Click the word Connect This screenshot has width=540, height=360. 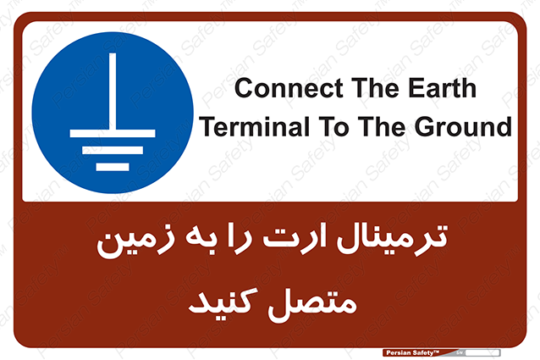click(x=289, y=88)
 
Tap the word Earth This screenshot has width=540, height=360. click(x=442, y=87)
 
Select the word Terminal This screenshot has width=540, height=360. click(x=255, y=126)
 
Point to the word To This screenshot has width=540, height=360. click(x=333, y=126)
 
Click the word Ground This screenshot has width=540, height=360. click(x=463, y=126)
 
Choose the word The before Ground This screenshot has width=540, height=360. click(x=382, y=126)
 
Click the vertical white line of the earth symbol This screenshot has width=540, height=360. click(x=113, y=91)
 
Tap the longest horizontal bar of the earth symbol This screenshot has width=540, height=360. click(x=113, y=133)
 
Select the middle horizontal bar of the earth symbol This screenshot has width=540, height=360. click(x=113, y=150)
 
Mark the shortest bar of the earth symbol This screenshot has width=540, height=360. click(x=113, y=167)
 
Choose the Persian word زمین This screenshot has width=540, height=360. click(x=135, y=241)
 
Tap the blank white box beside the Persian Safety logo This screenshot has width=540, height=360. click(x=482, y=352)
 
